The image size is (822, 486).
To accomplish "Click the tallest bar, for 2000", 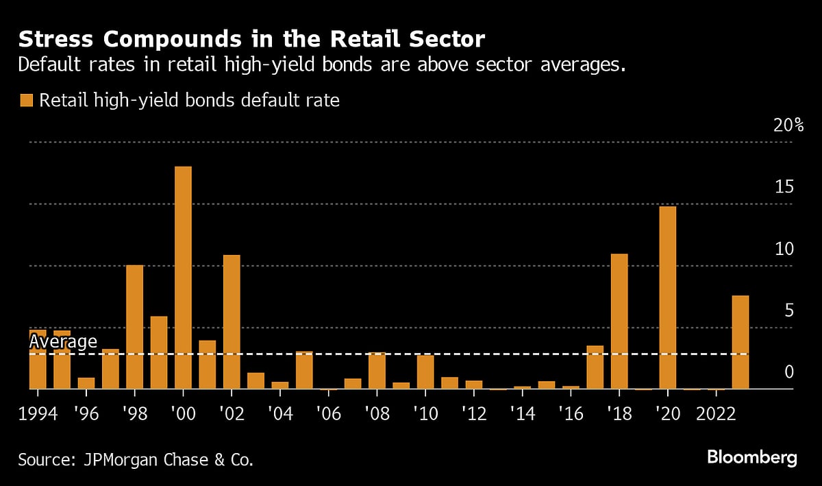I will click(183, 278).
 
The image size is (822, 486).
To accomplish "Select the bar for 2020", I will click(668, 297).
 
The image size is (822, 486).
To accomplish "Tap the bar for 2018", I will click(619, 321).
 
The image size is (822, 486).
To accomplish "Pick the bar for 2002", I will click(232, 322).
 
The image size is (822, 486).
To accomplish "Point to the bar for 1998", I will click(134, 327).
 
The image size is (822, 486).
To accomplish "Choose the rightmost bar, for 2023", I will click(740, 342).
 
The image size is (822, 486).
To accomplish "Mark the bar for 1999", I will click(159, 352).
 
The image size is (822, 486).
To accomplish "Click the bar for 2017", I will click(595, 367).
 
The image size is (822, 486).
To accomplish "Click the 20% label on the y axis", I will click(788, 125).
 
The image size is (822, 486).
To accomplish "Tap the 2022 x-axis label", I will click(716, 415).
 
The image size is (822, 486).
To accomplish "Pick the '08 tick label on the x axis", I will click(377, 415).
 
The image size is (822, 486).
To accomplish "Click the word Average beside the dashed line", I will click(63, 342).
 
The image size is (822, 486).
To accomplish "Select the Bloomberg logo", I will click(752, 457).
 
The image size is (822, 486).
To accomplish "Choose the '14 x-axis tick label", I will click(522, 415).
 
